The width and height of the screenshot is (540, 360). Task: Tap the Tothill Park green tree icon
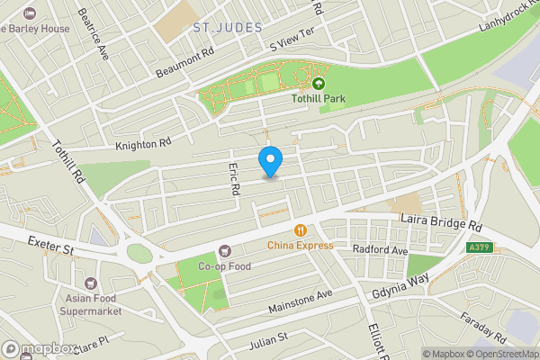click(x=318, y=83)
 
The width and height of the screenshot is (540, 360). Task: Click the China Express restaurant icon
click(x=300, y=230)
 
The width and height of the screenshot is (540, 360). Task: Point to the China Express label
click(x=300, y=245)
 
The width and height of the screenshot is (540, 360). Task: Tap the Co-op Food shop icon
click(x=224, y=251)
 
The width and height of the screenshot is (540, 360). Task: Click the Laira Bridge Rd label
click(x=441, y=224)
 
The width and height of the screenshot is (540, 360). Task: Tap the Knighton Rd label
click(x=143, y=143)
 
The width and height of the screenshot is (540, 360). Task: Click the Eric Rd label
click(x=233, y=178)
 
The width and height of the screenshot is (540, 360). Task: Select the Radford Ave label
click(x=381, y=248)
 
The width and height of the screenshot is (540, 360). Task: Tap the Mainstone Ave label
click(x=301, y=301)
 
